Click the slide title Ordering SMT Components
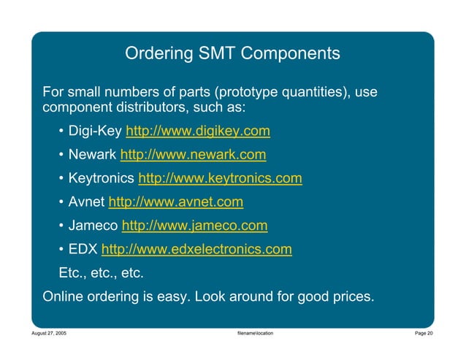232,53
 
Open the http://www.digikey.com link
198,131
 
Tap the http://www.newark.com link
192,155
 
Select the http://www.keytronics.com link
220,178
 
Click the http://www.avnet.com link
175,202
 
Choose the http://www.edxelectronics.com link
196,249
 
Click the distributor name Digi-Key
95,131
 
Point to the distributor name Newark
92,155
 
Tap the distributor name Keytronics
101,178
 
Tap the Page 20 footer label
424,333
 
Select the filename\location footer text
251,333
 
